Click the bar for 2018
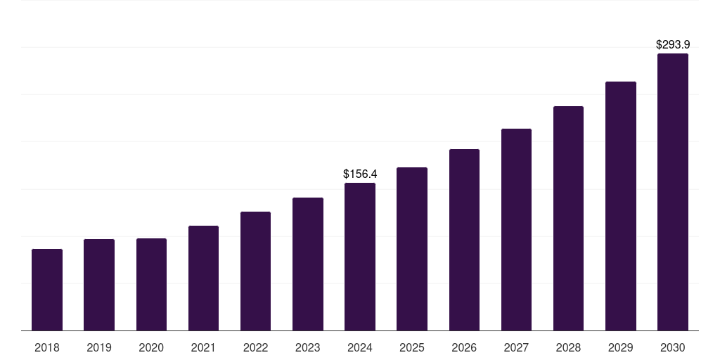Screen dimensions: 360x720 (47, 290)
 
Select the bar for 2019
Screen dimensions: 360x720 (99, 285)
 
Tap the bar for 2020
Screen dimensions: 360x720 (151, 285)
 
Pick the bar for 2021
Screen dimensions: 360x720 (203, 278)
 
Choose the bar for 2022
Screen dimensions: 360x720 (255, 271)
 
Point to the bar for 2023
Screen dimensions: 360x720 (308, 264)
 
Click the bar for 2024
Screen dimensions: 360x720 (360, 257)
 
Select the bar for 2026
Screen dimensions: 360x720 (464, 240)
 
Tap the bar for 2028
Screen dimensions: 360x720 (568, 219)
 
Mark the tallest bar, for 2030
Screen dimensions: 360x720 (673, 192)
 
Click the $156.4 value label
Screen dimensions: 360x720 (360, 174)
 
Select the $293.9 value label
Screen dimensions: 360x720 (673, 44)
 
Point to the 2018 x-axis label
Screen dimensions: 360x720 (47, 347)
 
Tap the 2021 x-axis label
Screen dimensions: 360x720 (203, 347)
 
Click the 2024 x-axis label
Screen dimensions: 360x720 (360, 347)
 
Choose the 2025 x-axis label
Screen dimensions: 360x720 (412, 347)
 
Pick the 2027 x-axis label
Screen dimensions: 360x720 (516, 347)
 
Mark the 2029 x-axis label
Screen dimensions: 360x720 (620, 347)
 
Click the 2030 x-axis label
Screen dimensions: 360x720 (673, 347)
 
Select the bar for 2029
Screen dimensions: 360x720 (620, 206)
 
